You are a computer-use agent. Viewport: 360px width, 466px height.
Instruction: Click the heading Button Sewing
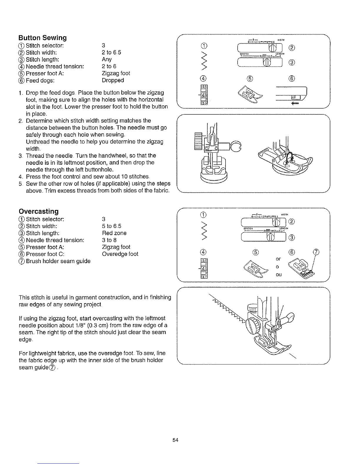click(43, 38)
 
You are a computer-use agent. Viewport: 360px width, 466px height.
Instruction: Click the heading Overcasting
click(39, 212)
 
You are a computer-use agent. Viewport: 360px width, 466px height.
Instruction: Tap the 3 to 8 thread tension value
click(109, 240)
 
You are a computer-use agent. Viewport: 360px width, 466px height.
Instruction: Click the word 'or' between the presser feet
click(278, 259)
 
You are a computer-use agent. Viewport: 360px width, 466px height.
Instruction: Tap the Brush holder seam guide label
click(58, 261)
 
